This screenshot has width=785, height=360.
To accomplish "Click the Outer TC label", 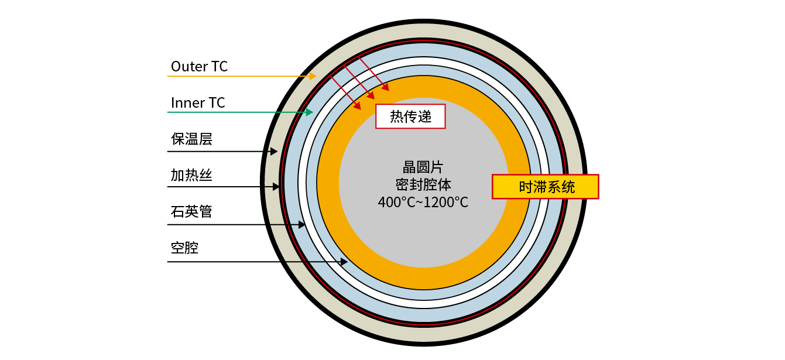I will pos(199,67).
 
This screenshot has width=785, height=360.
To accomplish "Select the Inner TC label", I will pos(198,103).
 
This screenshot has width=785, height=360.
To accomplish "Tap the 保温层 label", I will pos(191,139).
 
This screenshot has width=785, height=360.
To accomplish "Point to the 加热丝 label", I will pos(191,175).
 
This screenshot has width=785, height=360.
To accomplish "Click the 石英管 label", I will pos(191,211).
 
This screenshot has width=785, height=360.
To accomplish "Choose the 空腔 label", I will pos(185,248).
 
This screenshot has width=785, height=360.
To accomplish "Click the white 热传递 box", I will pos(410,116).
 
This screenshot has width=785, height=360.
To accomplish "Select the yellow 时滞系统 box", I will pos(546,187).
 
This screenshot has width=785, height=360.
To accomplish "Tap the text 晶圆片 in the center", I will pos(423,167).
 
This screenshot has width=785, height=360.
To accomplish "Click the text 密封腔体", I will pos(423,185).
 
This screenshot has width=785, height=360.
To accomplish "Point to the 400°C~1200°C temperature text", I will pos(423,203).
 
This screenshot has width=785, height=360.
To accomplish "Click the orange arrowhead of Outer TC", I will pos(314,76).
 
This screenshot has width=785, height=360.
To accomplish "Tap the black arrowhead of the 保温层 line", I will pos(274,152).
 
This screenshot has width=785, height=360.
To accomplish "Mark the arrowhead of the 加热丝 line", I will pos(276,187).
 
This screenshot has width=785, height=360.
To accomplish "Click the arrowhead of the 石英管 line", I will pos(302,225).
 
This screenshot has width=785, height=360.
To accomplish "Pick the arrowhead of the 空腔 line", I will pos(344,262).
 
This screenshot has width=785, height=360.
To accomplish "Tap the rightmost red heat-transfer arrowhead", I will pos(386,88).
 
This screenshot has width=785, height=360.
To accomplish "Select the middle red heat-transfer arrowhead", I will pos(372,96).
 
